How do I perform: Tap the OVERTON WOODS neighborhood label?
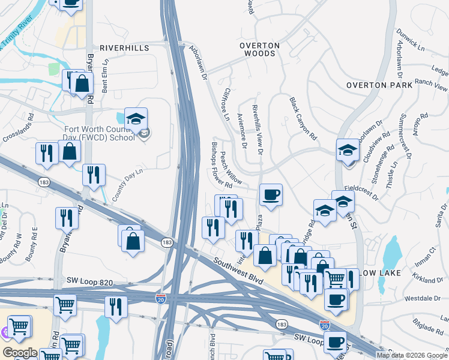260,49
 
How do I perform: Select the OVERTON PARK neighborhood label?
379,85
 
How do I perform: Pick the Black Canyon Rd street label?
303,119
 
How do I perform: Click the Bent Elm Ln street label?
105,75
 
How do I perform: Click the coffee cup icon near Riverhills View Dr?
271,195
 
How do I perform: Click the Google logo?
19,353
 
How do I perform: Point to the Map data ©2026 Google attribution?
412,355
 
